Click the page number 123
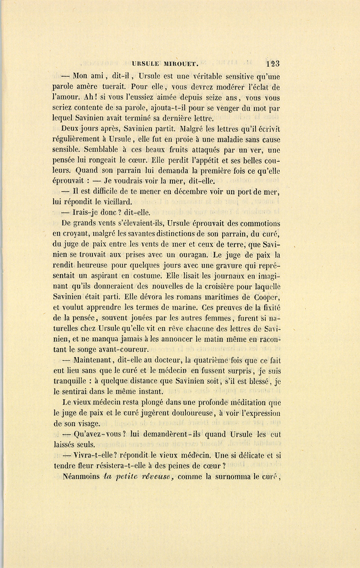click(272, 63)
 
